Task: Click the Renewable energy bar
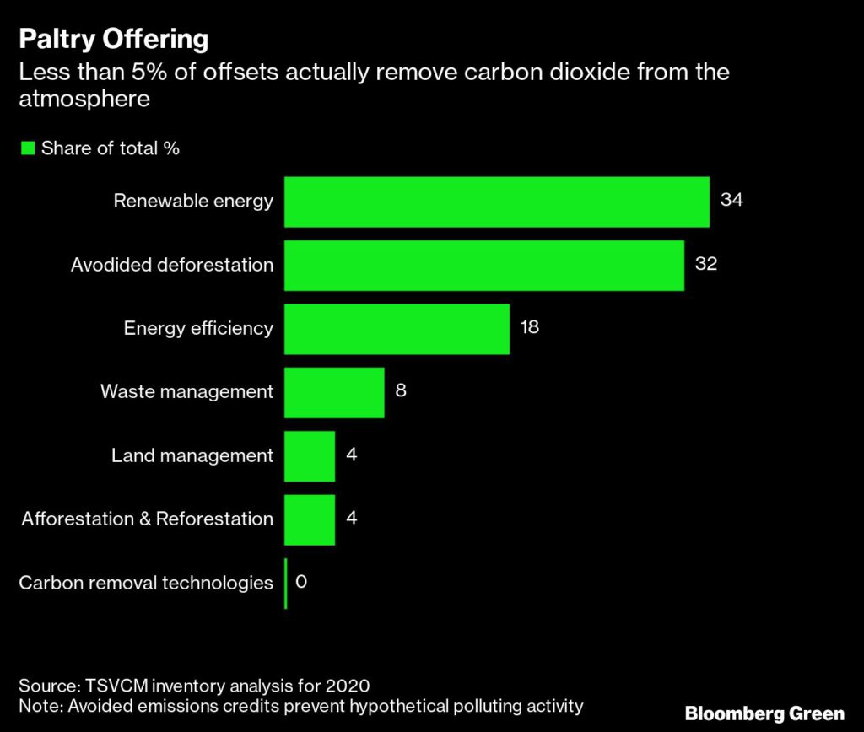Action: pyautogui.click(x=496, y=202)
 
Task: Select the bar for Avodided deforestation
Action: pyautogui.click(x=483, y=266)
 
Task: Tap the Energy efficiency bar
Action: pyautogui.click(x=397, y=329)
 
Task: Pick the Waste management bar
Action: pyautogui.click(x=334, y=392)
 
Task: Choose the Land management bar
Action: pyautogui.click(x=310, y=455)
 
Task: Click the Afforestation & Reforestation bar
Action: pyautogui.click(x=310, y=519)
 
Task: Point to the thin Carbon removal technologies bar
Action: pyautogui.click(x=286, y=583)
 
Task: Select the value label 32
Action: pyautogui.click(x=705, y=263)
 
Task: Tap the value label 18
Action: pyautogui.click(x=530, y=326)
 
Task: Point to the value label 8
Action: pyautogui.click(x=401, y=390)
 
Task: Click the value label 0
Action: pyautogui.click(x=301, y=581)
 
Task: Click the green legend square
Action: pyautogui.click(x=27, y=148)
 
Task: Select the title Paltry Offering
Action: pyautogui.click(x=114, y=40)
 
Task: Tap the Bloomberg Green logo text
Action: pyautogui.click(x=764, y=713)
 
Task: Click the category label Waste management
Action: pyautogui.click(x=186, y=392)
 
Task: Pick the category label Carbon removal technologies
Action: pyautogui.click(x=146, y=583)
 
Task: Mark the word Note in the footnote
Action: pyautogui.click(x=38, y=704)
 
